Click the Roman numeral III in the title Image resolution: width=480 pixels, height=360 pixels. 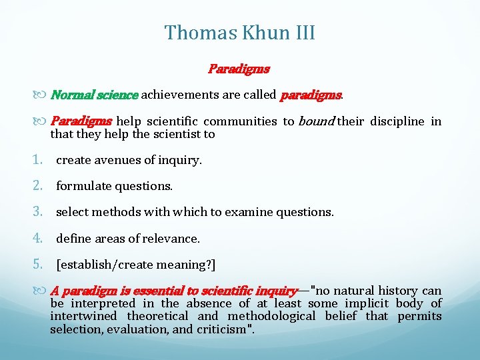click(x=301, y=32)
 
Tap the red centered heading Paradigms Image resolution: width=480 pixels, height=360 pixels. click(x=239, y=69)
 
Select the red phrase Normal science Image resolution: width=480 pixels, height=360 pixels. click(x=95, y=95)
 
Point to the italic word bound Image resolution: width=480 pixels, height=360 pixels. click(x=315, y=121)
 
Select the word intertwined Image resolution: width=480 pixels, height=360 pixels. click(x=83, y=316)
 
